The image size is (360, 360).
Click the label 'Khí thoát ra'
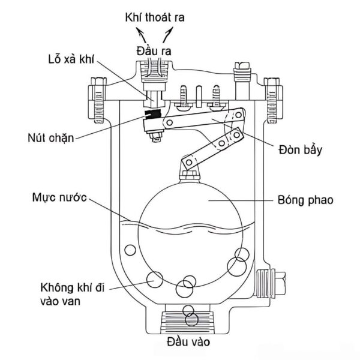coord(155,17)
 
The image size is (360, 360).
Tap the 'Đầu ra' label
coord(154,51)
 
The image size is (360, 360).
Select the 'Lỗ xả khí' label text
coord(71,59)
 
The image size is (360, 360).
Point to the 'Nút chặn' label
coord(51,138)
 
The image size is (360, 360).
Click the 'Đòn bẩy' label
coord(301,150)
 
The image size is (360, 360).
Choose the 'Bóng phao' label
coord(305,200)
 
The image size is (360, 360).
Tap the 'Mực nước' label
coord(59,197)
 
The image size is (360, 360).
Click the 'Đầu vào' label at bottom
coord(188,341)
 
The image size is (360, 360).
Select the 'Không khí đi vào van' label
coord(73,295)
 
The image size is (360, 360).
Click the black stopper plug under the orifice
coord(152,114)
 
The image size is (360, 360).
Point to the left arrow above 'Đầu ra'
coord(141,35)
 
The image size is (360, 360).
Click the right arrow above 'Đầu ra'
coord(168,35)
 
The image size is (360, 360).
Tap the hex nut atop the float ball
coord(189,175)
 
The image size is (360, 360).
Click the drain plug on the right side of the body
coord(271,284)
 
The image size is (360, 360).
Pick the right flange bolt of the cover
coord(273,100)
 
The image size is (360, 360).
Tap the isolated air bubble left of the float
coord(130,250)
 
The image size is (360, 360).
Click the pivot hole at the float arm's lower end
coord(189,163)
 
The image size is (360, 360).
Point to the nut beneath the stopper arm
coord(156,136)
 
